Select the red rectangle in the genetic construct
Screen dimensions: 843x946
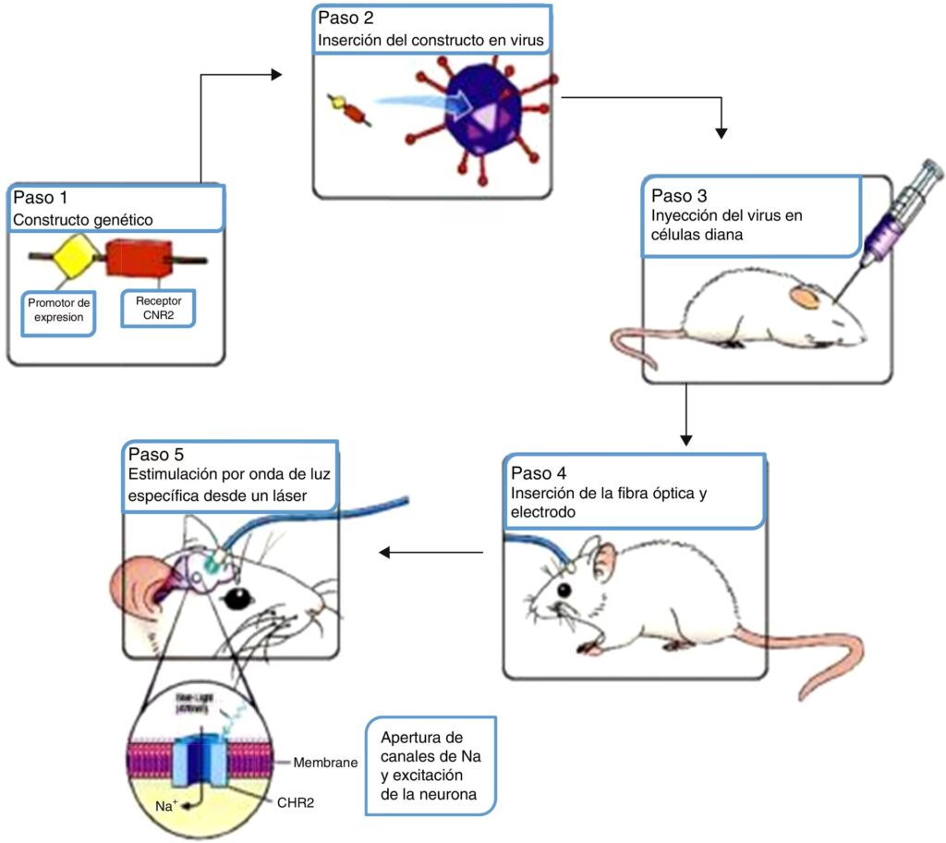[x=138, y=258]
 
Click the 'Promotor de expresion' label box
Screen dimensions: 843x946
[x=59, y=312]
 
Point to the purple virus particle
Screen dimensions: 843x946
[x=480, y=115]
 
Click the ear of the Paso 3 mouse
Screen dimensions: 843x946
[x=802, y=298]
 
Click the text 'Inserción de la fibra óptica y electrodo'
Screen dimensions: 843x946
[x=608, y=501]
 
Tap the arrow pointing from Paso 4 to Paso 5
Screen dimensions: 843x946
[x=431, y=553]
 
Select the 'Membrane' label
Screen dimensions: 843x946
[x=324, y=763]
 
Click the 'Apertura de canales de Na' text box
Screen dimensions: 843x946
[x=431, y=767]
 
